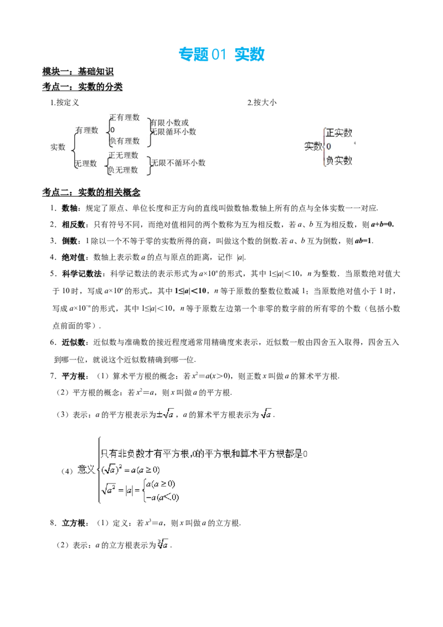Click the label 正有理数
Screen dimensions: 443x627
point(125,117)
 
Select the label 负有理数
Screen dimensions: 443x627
point(125,141)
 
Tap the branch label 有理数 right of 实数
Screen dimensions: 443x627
point(87,131)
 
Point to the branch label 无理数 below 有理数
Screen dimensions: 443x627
point(86,164)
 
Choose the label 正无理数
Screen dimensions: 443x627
point(123,156)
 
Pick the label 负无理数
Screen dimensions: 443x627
point(123,170)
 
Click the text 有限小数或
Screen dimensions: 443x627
point(169,122)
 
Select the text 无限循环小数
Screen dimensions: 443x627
point(173,132)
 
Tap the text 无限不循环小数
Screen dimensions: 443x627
point(178,163)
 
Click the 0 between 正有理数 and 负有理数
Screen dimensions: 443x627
point(112,130)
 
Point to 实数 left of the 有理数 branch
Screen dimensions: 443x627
point(58,147)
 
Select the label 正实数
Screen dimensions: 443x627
point(339,133)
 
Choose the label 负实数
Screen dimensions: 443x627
point(339,161)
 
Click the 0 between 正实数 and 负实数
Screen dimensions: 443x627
point(328,147)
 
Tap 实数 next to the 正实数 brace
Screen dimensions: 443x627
point(313,147)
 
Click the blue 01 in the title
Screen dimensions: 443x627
point(218,54)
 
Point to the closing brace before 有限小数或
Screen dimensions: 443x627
point(149,131)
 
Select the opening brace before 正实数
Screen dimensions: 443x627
point(323,147)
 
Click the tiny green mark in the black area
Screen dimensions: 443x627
point(148,292)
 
